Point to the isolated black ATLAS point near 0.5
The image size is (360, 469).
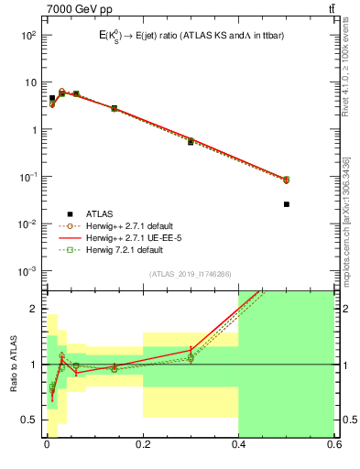click(x=287, y=204)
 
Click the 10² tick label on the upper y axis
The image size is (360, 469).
click(x=27, y=35)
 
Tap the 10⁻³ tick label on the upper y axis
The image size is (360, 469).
click(x=27, y=271)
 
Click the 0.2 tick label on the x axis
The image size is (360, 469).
click(x=142, y=445)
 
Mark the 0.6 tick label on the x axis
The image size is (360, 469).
click(x=333, y=445)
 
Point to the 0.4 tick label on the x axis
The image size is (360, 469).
click(x=238, y=445)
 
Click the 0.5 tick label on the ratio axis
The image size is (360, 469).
click(x=30, y=420)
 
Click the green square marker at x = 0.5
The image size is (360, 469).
click(x=287, y=180)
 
